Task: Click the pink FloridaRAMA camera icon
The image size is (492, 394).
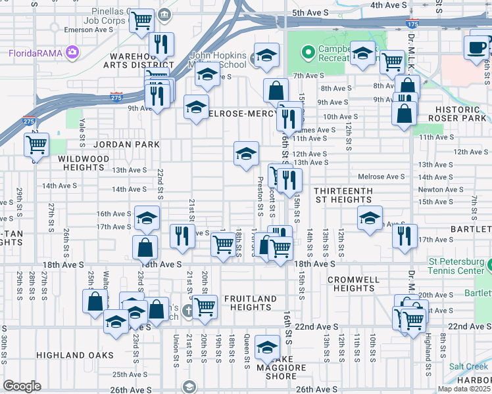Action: [71, 52]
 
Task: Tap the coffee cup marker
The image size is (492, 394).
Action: [477, 47]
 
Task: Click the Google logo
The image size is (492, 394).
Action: [22, 385]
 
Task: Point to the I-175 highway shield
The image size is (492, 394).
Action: [412, 24]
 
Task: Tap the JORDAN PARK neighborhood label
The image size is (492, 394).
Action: [118, 144]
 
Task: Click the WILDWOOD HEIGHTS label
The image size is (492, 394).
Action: [84, 164]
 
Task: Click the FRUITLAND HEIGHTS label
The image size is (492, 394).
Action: [251, 303]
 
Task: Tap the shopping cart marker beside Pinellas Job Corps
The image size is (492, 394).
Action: [141, 20]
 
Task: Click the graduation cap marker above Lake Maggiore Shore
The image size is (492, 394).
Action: [267, 346]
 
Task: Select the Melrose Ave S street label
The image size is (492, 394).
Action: [381, 177]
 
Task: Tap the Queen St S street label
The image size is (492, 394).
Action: [247, 347]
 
